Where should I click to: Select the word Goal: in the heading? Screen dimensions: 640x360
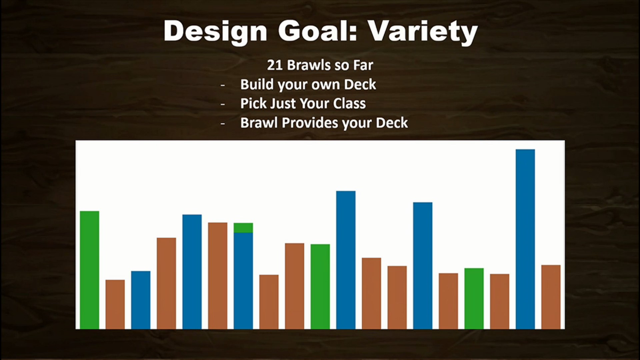click(x=318, y=31)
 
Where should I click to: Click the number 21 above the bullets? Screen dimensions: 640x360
click(x=275, y=65)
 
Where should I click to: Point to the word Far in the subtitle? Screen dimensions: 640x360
click(x=363, y=65)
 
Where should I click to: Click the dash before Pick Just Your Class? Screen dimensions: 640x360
click(x=223, y=104)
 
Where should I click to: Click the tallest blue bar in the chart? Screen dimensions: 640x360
click(x=525, y=239)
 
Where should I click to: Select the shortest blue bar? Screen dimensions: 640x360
click(x=141, y=300)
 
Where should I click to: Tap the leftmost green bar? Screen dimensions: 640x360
click(x=90, y=270)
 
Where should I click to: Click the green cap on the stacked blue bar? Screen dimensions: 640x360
click(x=243, y=228)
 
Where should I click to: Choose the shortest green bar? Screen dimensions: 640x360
click(x=474, y=299)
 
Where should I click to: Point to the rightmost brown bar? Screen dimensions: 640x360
click(x=551, y=297)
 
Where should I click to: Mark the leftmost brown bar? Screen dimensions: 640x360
click(x=115, y=304)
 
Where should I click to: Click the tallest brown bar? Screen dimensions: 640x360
click(x=218, y=276)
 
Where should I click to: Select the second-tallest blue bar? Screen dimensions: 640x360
click(x=346, y=260)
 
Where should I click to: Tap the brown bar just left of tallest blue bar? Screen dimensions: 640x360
click(x=500, y=302)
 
